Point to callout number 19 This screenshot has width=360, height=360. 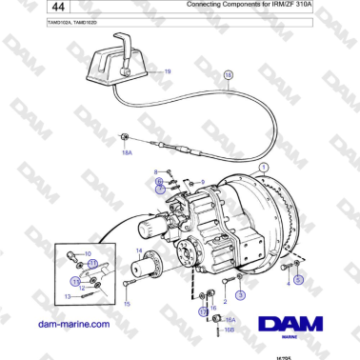[x=168, y=72]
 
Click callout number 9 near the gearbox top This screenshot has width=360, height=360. [x=202, y=181]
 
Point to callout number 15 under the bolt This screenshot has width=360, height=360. [x=127, y=304]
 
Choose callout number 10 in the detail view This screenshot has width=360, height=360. [x=88, y=253]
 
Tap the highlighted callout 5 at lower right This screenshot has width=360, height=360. [x=297, y=280]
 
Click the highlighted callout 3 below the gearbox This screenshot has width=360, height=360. [x=241, y=296]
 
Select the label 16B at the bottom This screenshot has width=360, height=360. [x=230, y=329]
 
